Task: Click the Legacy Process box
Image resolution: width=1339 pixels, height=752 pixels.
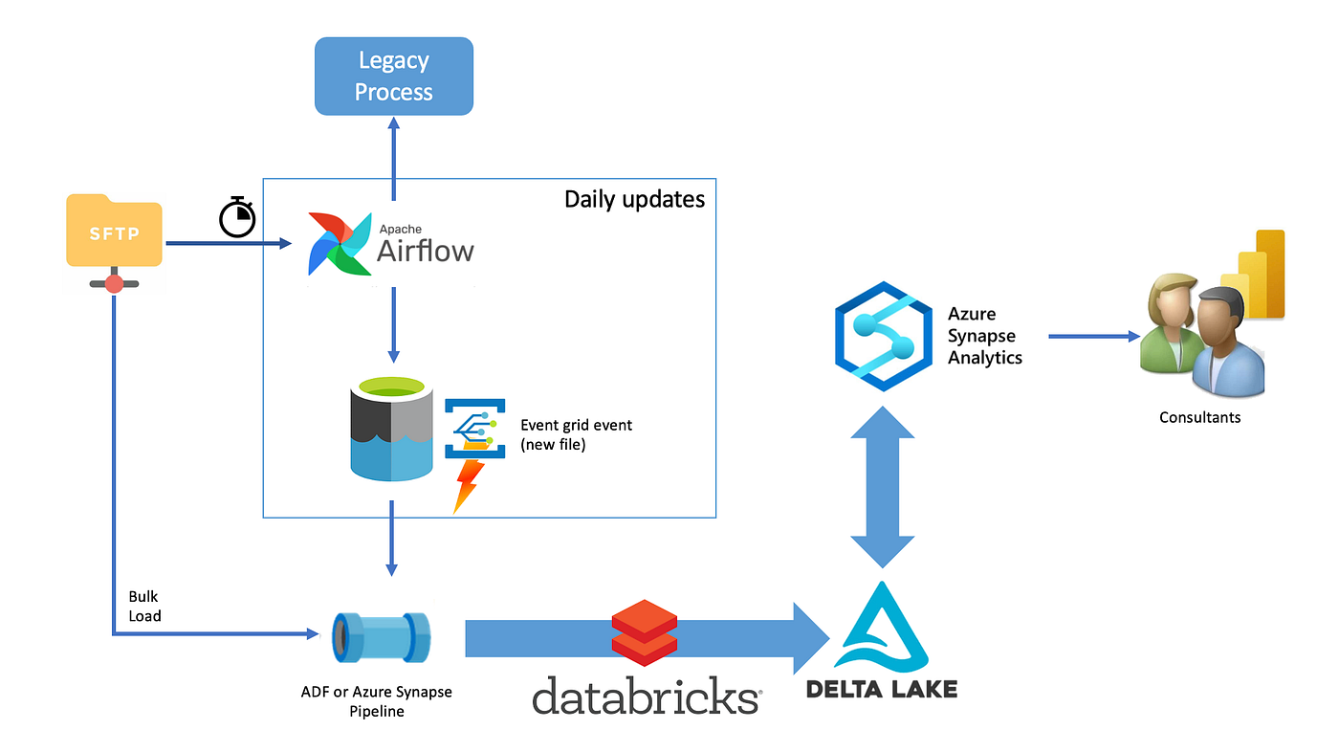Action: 393,77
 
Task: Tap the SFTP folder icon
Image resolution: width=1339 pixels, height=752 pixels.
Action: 114,232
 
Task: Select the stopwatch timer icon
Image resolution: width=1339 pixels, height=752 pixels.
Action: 237,217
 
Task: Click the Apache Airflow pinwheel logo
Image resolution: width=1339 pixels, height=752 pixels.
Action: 340,244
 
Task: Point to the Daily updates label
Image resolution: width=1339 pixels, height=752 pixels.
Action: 634,199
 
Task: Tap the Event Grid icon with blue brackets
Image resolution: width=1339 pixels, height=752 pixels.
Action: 474,428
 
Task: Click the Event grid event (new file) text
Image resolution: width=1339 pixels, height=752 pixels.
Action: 576,434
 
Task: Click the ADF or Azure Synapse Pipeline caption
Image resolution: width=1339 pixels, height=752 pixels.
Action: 376,701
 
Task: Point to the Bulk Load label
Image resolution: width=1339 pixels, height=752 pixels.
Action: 144,607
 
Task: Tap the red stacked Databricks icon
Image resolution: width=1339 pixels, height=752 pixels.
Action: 645,631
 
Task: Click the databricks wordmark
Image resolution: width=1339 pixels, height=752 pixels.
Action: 646,696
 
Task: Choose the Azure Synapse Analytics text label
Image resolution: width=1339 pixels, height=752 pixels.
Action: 984,336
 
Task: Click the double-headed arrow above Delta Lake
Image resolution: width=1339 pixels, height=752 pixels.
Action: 882,487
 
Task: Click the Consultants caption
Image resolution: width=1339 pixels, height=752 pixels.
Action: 1199,417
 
